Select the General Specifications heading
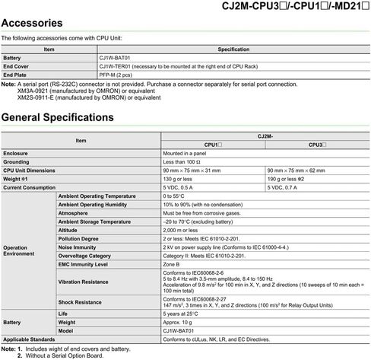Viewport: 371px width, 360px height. (58, 118)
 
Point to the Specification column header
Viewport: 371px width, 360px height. (233, 49)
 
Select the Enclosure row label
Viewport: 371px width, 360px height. (16, 153)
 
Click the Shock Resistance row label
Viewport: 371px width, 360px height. (80, 302)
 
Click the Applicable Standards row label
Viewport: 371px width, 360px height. (28, 338)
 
